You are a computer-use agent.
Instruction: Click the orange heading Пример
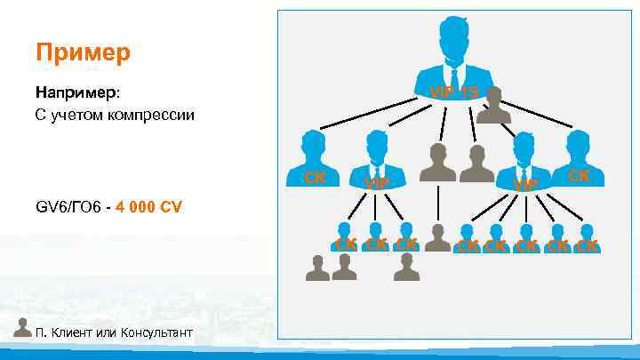tap(84, 52)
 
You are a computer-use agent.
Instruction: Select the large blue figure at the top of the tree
tap(453, 58)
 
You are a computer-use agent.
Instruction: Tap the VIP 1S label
tap(453, 92)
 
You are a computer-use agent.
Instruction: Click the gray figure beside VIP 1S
tap(494, 106)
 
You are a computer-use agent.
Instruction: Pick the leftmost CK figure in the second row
tap(313, 157)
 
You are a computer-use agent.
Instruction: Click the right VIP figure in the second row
tap(524, 161)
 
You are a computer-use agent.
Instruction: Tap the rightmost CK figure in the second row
tap(578, 157)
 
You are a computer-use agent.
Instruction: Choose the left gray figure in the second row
tap(436, 162)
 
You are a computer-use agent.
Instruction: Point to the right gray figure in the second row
tap(476, 162)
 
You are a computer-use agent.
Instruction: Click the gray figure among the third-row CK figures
tap(436, 237)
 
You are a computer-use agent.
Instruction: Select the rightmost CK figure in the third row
tap(587, 238)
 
